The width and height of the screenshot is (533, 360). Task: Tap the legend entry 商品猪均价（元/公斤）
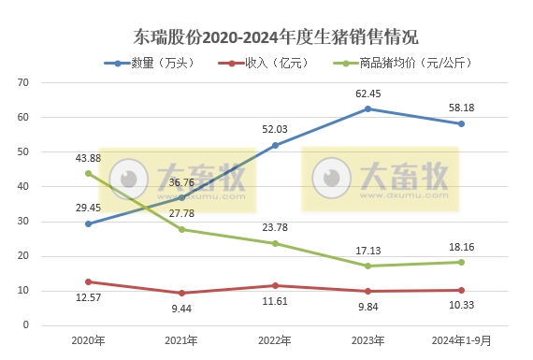[412, 64]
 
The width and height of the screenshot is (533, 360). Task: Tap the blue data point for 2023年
[367, 108]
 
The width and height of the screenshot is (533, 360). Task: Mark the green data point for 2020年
[88, 173]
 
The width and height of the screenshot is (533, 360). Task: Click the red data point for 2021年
[181, 293]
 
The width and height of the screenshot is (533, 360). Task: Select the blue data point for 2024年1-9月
[461, 123]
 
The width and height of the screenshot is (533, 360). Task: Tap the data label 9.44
[181, 308]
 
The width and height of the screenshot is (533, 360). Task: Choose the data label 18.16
[461, 248]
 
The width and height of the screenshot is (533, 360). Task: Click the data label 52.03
[275, 130]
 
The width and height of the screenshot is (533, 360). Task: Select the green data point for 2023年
[367, 266]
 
